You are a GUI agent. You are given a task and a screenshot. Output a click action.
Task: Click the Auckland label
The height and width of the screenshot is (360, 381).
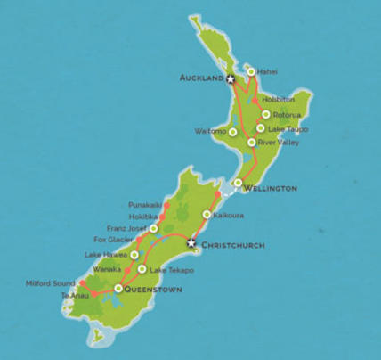(200, 78)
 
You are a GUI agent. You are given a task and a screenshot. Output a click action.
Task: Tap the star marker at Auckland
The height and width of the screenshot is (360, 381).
(231, 78)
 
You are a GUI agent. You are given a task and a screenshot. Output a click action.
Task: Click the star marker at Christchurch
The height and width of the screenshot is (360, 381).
(190, 242)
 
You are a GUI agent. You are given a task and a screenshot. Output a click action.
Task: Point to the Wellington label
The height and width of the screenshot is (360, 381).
(271, 189)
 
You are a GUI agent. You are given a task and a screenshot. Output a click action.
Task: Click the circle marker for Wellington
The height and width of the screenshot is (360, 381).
(238, 183)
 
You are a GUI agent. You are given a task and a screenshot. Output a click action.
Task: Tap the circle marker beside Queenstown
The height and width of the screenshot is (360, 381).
(118, 288)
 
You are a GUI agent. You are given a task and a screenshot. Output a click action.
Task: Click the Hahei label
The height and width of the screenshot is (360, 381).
(267, 71)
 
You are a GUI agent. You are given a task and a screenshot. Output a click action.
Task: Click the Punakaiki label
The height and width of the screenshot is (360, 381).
(146, 204)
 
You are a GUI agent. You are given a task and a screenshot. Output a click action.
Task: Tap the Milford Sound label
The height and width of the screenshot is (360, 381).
(53, 283)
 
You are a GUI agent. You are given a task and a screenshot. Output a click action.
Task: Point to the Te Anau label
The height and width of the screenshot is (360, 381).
(77, 295)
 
